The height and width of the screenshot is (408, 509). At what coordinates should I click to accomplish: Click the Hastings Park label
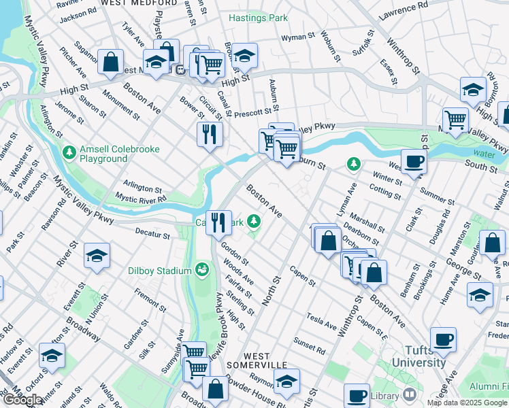[x=258, y=18]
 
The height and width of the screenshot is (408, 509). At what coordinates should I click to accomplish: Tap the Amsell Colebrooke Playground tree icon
[x=69, y=150]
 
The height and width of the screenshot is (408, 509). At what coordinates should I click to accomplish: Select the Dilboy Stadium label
[x=160, y=271]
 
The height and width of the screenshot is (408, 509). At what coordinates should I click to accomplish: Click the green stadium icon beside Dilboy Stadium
[x=201, y=271]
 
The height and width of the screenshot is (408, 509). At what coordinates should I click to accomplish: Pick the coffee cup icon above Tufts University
[x=444, y=339]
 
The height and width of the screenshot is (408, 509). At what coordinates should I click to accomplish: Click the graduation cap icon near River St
[x=97, y=256]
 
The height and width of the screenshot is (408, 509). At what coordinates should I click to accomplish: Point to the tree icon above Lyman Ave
[x=353, y=163]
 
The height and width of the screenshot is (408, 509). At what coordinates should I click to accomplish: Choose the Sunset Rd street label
[x=309, y=344]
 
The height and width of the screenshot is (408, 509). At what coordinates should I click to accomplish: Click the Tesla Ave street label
[x=321, y=320]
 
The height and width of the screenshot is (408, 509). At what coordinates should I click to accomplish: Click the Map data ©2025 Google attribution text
[x=467, y=403]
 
